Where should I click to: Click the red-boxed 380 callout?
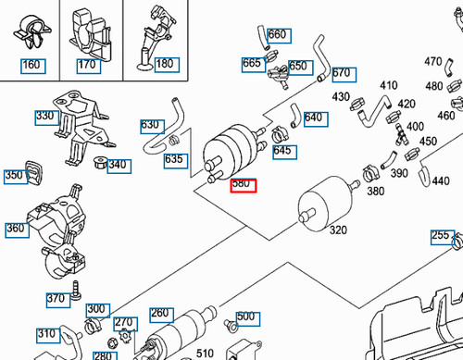[242, 184]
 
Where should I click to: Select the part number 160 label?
[31, 66]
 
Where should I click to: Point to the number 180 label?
[164, 65]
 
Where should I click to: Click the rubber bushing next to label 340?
[97, 164]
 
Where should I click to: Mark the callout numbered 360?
[16, 229]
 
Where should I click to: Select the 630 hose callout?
[150, 124]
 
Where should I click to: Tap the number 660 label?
[277, 35]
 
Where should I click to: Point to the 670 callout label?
[342, 73]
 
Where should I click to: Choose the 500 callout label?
[245, 317]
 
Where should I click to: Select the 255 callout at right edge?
[441, 236]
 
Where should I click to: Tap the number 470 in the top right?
[432, 62]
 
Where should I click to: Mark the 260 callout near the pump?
[160, 314]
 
